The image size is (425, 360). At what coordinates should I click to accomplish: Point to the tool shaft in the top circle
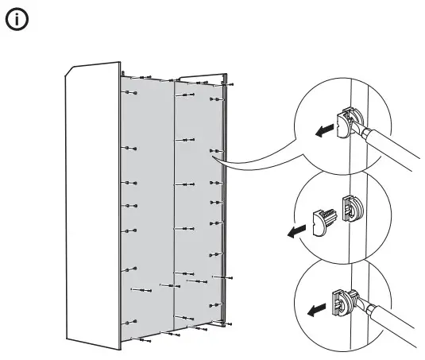pyautogui.click(x=389, y=151)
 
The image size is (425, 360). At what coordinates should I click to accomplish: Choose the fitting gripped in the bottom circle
pyautogui.click(x=340, y=303)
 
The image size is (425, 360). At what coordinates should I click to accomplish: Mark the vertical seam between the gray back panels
pyautogui.click(x=174, y=199)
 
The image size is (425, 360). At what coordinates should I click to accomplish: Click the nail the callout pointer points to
pyautogui.click(x=213, y=149)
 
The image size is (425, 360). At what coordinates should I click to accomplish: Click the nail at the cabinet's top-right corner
pyautogui.click(x=229, y=83)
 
